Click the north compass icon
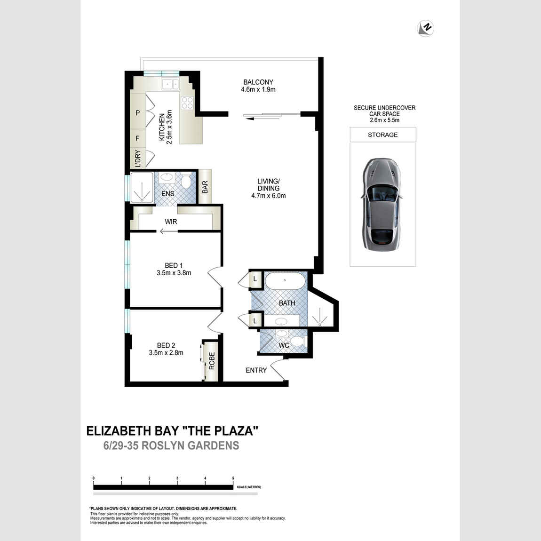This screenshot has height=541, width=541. coord(425,28)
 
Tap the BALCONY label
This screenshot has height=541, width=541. coord(258,82)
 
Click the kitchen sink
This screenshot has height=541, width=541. coord(170,84)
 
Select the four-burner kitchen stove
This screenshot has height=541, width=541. coord(187,103)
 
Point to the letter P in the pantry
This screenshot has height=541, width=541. coord(138,112)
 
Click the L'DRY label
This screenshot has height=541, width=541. coord(138,159)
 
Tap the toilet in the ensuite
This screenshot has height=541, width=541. coord(186,181)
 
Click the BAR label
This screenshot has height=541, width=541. coord(205,187)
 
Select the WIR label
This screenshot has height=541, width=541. coord(171,222)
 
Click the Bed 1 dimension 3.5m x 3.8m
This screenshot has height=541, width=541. coord(174,272)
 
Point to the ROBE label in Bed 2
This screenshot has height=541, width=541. coord(212,361)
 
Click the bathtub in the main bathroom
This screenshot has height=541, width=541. coord(285,280)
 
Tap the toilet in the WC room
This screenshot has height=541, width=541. coord(297,342)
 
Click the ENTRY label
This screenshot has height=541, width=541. coord(256,370)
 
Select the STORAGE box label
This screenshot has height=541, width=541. coord(382,135)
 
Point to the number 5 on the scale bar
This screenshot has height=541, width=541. coord(233,478)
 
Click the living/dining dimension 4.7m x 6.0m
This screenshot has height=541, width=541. coord(269,196)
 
